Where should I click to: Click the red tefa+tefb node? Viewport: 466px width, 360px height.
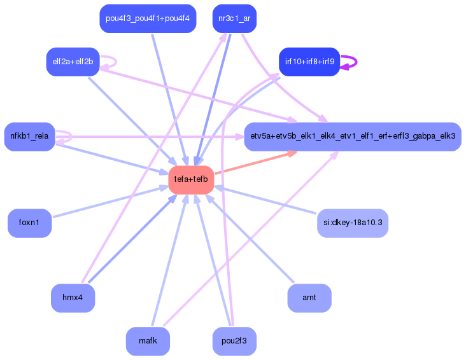(x=191, y=180)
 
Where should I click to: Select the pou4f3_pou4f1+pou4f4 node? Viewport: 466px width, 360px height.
(x=148, y=18)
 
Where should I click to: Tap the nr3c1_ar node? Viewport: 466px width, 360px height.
(x=234, y=18)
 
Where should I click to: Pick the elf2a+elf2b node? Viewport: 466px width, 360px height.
(x=73, y=62)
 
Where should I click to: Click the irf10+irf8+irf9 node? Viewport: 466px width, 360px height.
(x=309, y=62)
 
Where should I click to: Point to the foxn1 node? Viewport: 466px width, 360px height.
(x=29, y=223)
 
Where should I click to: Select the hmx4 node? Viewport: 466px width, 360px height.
(x=73, y=298)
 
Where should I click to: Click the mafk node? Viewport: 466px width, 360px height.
(x=148, y=341)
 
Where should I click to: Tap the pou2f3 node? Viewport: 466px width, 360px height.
(x=234, y=341)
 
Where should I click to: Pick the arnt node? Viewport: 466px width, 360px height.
(x=309, y=298)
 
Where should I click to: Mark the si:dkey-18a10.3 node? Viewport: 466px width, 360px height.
(x=353, y=223)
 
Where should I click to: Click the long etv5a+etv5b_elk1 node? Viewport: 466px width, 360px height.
(x=353, y=136)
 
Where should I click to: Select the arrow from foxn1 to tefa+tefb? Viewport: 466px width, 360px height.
(x=108, y=202)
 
